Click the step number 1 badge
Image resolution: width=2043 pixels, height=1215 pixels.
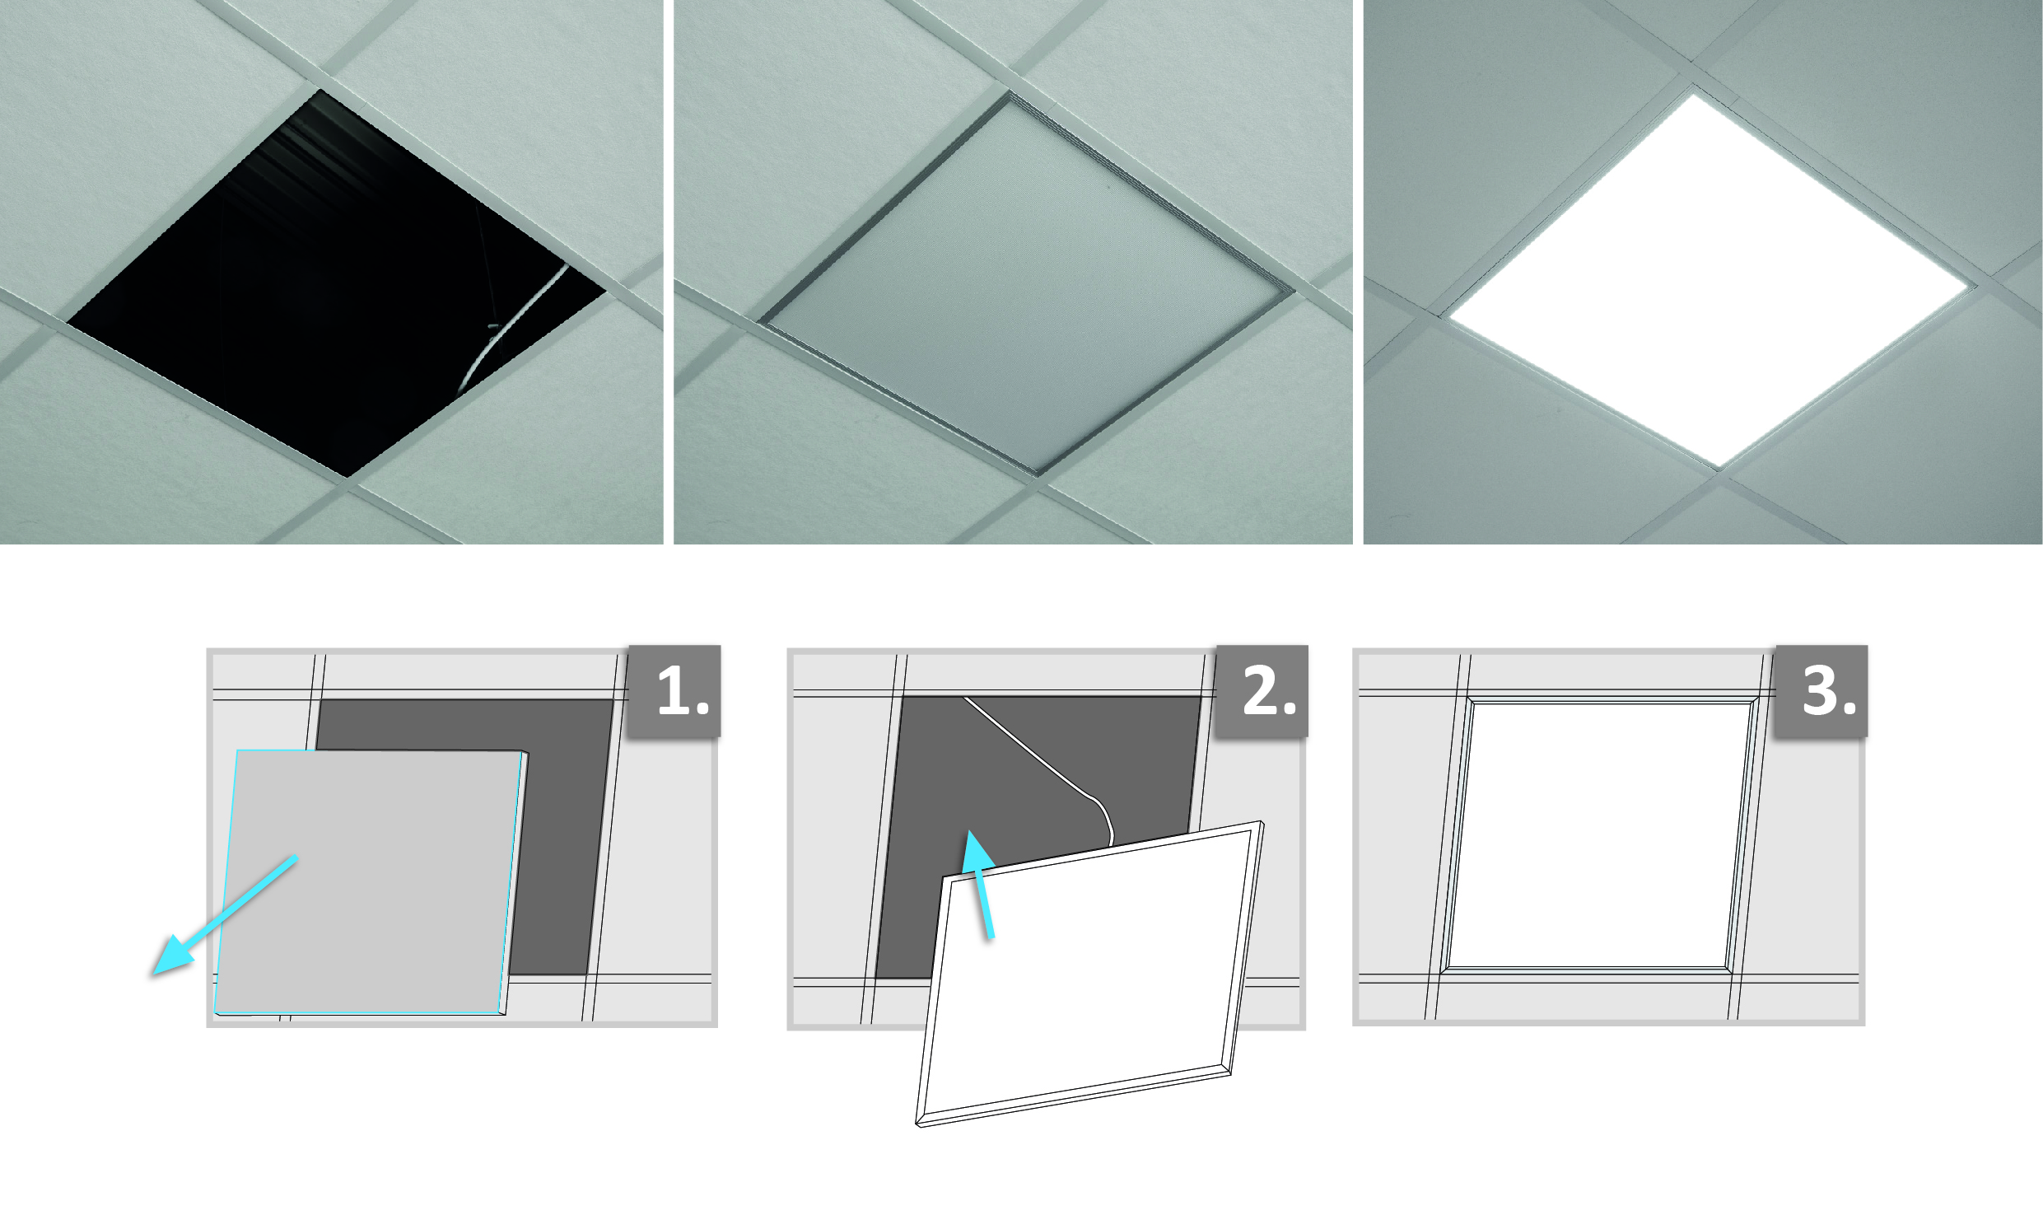point(674,690)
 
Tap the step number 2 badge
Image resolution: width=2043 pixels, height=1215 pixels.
point(1262,690)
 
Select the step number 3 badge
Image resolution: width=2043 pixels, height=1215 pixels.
point(1821,690)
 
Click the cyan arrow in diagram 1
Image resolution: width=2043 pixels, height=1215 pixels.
point(225,915)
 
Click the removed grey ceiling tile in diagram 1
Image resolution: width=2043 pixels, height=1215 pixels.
point(371,882)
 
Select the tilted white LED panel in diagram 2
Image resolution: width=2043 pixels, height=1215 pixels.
point(1089,974)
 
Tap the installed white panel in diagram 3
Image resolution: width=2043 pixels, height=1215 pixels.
point(1600,834)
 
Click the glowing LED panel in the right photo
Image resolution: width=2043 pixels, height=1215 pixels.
point(1710,280)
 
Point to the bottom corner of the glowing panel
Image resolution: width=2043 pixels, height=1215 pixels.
point(1720,469)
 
